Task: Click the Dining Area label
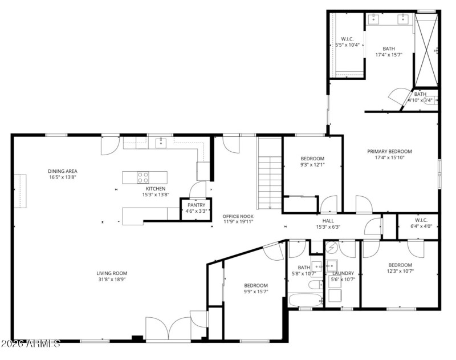[63, 171]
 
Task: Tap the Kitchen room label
[156, 189]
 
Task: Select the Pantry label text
[196, 205]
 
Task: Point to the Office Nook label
[238, 216]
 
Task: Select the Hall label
[328, 220]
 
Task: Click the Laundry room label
[343, 273]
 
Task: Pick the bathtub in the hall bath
[304, 300]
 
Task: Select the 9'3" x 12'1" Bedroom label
[312, 159]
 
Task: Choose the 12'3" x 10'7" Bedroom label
[400, 265]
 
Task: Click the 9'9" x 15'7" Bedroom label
[256, 286]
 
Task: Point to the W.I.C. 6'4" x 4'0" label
[421, 220]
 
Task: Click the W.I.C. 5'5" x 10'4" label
[347, 39]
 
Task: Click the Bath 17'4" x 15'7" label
[389, 49]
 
